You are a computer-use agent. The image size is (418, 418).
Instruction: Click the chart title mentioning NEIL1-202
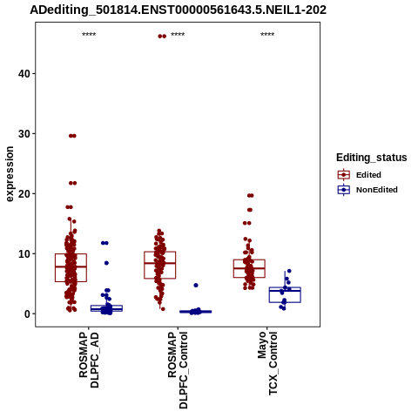click(178, 10)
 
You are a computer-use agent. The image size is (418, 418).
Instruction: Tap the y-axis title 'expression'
click(10, 174)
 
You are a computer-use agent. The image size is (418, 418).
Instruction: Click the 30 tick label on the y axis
click(24, 134)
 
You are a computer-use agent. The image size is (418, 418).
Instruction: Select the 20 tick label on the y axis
click(24, 194)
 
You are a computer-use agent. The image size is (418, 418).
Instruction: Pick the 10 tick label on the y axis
click(24, 254)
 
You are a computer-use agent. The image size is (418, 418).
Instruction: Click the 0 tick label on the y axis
click(27, 314)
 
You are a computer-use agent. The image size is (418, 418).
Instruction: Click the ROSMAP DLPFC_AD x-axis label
click(89, 360)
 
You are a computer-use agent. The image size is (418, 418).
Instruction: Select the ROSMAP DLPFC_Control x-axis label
click(178, 370)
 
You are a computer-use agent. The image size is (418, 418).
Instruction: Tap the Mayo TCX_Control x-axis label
click(267, 363)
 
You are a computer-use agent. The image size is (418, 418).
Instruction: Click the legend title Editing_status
click(372, 158)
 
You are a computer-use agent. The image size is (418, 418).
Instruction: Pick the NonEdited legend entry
click(367, 190)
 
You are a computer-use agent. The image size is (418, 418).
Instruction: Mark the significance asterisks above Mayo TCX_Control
click(267, 35)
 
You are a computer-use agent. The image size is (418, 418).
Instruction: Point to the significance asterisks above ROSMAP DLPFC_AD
click(89, 35)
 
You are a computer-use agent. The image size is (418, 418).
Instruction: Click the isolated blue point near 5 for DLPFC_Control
click(196, 286)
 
